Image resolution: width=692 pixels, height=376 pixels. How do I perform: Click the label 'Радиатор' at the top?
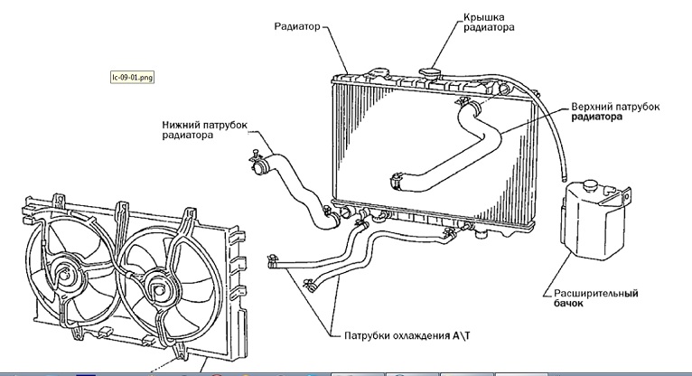tap(296, 26)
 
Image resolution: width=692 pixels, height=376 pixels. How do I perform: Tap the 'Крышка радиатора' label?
tap(490, 23)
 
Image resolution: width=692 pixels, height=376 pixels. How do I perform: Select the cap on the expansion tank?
tap(588, 184)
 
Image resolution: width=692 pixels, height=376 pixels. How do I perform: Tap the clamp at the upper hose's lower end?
tap(396, 180)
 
